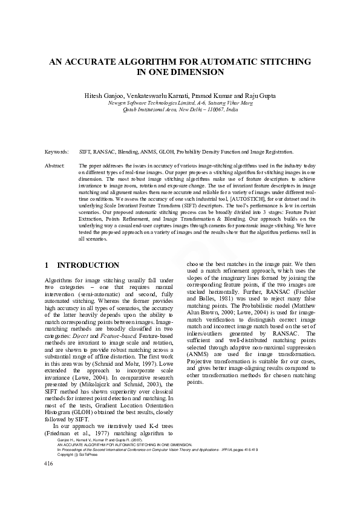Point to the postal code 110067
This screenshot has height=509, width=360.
pyautogui.click(x=208, y=110)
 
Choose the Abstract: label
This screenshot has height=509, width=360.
pyautogui.click(x=55, y=165)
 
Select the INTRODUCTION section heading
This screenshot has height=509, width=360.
pyautogui.click(x=88, y=265)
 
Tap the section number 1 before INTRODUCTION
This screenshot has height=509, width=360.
pyautogui.click(x=47, y=265)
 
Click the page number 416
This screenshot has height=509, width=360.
pyautogui.click(x=50, y=480)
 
